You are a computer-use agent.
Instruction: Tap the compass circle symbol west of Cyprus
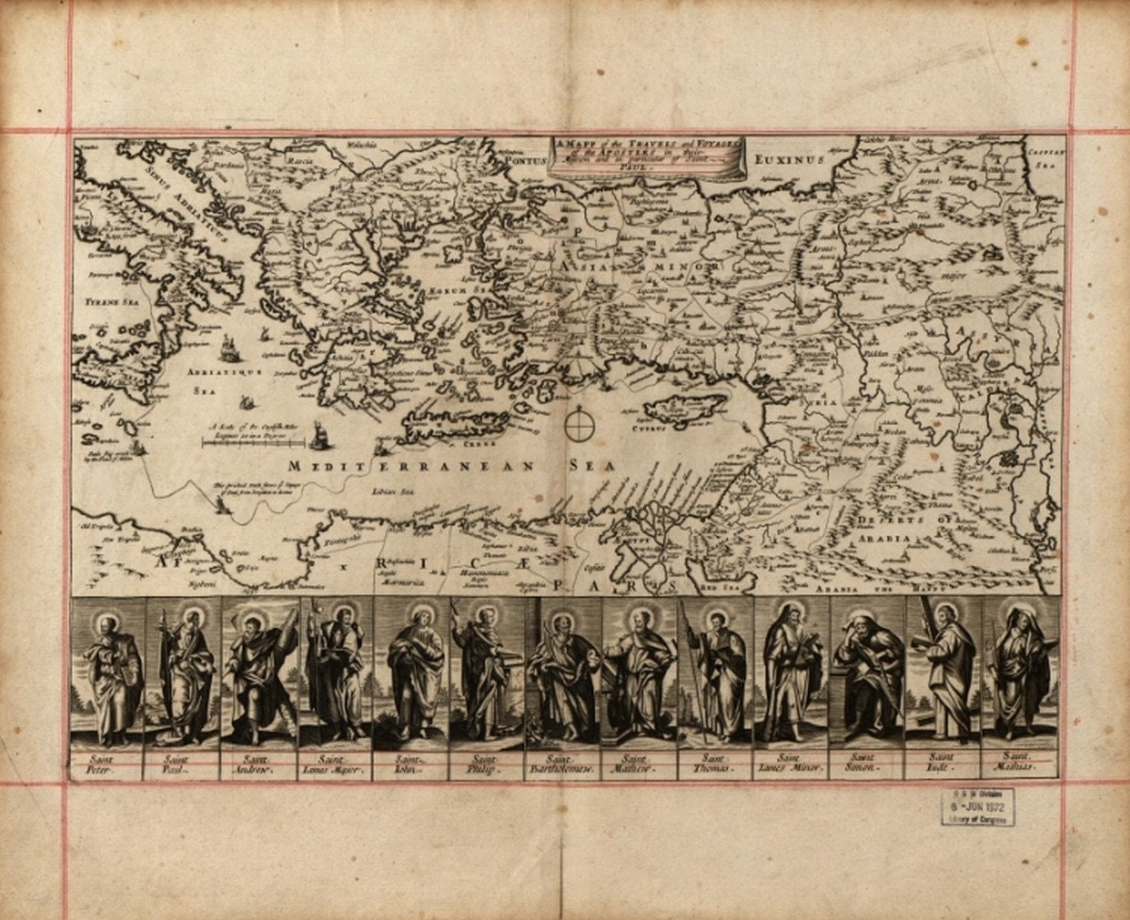point(581,425)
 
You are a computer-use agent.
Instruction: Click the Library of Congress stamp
point(978,807)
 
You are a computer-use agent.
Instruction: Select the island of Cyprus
point(684,408)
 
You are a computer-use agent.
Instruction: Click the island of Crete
point(456,426)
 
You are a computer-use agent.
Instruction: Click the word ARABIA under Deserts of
point(884,539)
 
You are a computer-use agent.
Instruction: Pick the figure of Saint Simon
point(867,673)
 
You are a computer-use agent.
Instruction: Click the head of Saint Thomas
point(718,621)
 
